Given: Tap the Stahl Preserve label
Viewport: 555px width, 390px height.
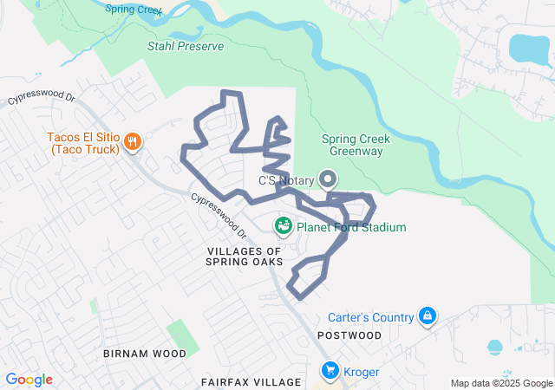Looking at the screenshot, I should [186, 46].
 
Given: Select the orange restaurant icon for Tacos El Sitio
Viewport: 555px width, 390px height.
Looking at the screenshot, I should [132, 141].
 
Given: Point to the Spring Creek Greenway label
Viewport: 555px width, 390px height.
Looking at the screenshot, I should [356, 145].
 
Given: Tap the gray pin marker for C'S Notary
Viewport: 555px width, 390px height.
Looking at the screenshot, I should [328, 179].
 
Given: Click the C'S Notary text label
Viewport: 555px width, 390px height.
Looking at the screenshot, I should [287, 181].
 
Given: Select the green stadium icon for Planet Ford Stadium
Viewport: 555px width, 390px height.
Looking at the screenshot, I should [283, 227].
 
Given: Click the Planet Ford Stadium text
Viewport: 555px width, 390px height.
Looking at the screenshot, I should [351, 228].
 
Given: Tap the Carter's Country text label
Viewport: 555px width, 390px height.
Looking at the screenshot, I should [370, 317].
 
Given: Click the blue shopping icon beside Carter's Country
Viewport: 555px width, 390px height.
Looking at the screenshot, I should [426, 316].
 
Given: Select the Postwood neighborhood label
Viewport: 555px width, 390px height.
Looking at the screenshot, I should [349, 335].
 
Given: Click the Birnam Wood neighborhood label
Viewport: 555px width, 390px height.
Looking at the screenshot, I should [144, 354].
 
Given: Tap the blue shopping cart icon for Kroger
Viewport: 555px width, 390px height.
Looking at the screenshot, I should [330, 371].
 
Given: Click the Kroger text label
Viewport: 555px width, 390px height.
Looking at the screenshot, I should [362, 372].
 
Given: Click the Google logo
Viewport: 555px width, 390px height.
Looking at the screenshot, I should [29, 380].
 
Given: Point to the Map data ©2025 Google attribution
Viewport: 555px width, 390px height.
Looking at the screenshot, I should [500, 383].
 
